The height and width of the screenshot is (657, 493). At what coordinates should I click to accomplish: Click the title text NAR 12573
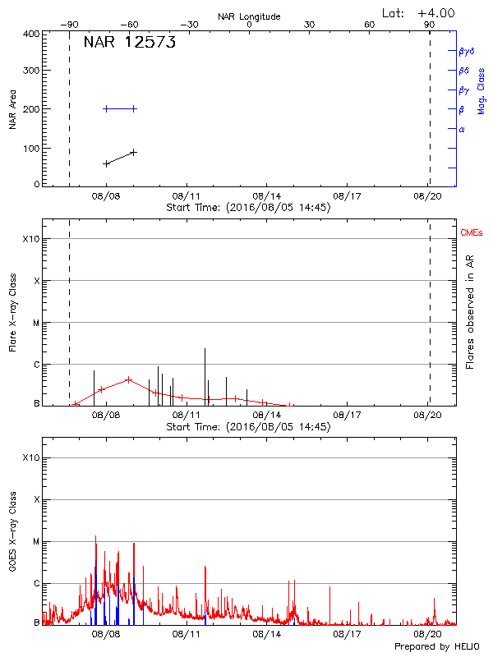130,44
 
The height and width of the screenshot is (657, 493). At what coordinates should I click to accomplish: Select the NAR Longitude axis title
249,16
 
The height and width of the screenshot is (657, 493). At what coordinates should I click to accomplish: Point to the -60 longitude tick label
129,25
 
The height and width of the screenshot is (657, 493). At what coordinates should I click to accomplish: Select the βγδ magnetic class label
467,51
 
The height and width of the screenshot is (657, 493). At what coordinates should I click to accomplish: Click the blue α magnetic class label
462,129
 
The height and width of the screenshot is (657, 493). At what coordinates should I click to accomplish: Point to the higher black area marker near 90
133,152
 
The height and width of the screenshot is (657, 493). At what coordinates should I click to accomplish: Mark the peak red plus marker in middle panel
129,379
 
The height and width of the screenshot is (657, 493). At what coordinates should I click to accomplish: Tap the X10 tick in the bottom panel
30,457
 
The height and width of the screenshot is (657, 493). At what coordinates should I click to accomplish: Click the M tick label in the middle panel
35,323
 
